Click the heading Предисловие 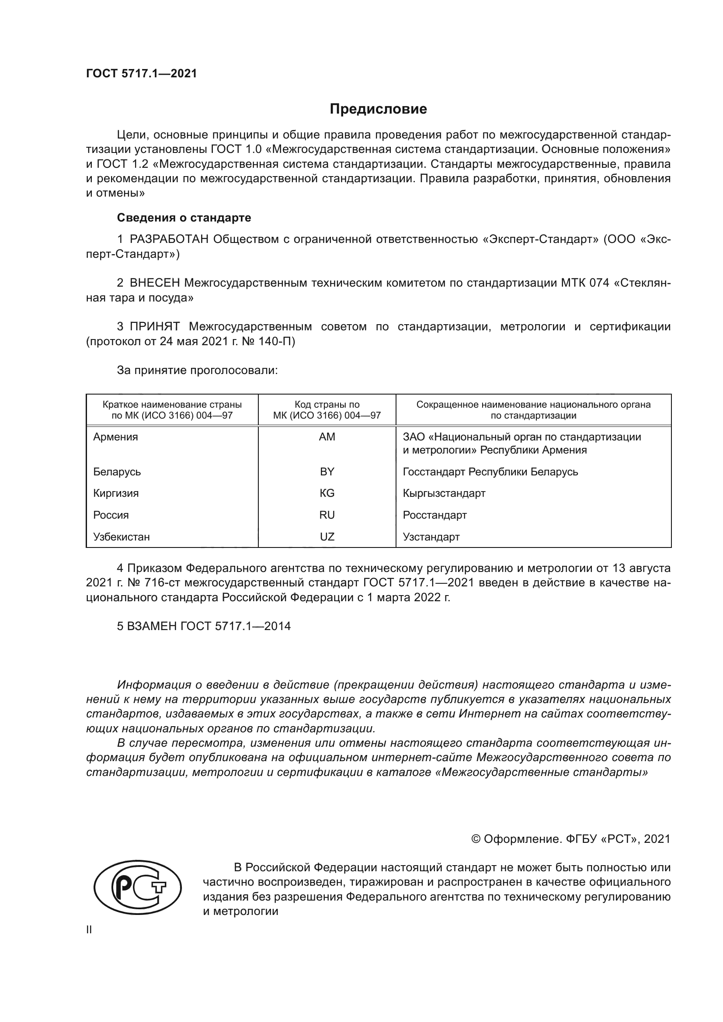click(x=378, y=109)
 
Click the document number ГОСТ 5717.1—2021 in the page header click(x=141, y=74)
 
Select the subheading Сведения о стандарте click(x=184, y=218)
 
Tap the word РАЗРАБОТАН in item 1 click(x=169, y=239)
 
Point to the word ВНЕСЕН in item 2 click(x=155, y=283)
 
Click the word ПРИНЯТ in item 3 click(x=154, y=326)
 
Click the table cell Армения click(x=116, y=437)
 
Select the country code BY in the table click(x=327, y=471)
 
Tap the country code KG click(x=327, y=493)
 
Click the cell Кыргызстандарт click(x=444, y=493)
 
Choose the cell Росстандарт click(x=434, y=515)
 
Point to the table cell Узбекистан click(x=121, y=537)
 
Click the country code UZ click(x=327, y=537)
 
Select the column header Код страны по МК click(x=327, y=410)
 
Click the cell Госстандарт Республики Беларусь click(x=490, y=471)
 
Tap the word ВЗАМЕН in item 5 click(x=151, y=626)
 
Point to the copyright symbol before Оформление click(x=475, y=839)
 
